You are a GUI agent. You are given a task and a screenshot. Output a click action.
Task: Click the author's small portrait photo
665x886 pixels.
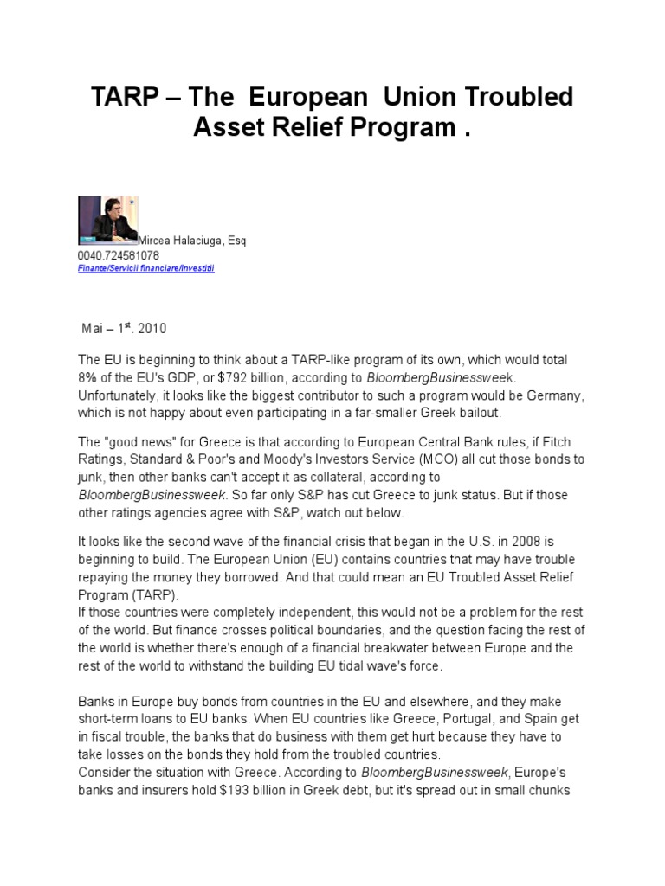pyautogui.click(x=107, y=218)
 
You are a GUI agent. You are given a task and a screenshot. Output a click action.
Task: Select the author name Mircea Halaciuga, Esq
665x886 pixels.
pyautogui.click(x=191, y=241)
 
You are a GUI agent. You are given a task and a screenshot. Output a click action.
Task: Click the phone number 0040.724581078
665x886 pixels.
pyautogui.click(x=119, y=256)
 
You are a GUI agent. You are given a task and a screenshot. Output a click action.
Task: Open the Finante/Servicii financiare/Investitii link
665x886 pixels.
pyautogui.click(x=146, y=269)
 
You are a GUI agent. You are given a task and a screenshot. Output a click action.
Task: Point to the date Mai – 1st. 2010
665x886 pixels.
pyautogui.click(x=124, y=329)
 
